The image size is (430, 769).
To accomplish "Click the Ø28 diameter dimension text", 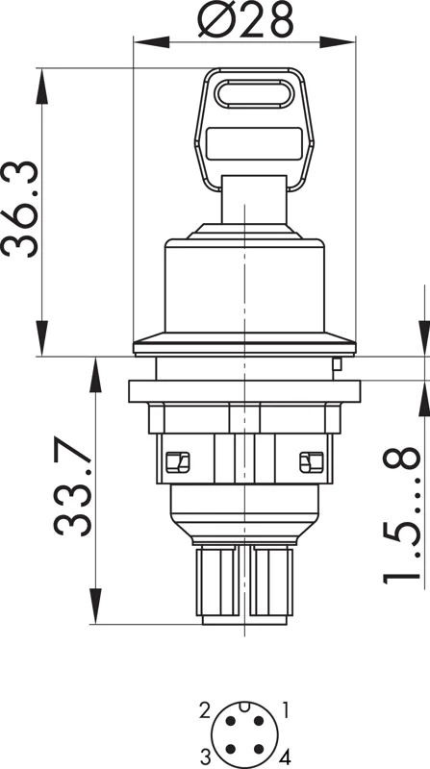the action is tap(245, 19).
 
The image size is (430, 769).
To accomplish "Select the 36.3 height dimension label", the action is tap(19, 209).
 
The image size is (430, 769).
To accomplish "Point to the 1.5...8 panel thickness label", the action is tap(401, 515).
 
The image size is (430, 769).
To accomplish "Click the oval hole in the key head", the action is tap(254, 93).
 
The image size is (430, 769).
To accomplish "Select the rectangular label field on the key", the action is tap(254, 143).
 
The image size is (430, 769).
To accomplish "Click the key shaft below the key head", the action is tap(254, 199).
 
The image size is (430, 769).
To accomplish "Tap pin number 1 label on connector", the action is tap(286, 709).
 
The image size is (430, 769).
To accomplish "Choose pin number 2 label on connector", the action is tap(205, 710).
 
